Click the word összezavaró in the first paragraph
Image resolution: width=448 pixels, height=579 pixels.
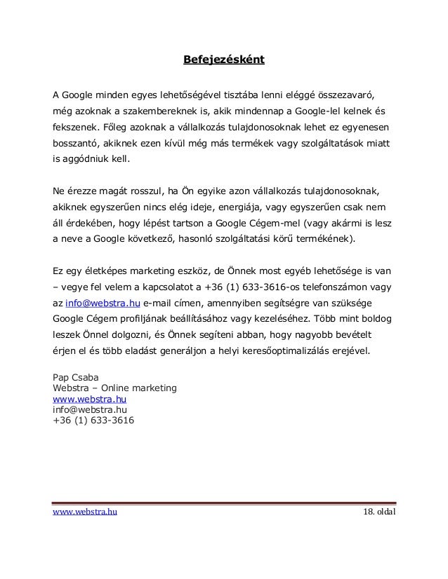[345, 94]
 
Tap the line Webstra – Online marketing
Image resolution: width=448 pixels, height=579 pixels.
[114, 388]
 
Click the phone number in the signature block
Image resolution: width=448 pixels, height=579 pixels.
[94, 421]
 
